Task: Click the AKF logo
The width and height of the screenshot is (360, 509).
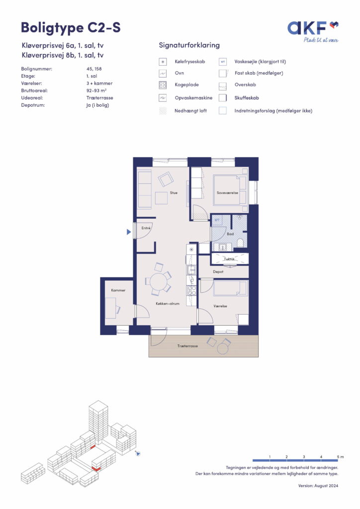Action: (x=313, y=31)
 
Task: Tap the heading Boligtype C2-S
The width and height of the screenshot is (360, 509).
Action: (x=71, y=27)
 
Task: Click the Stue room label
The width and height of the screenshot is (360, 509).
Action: (x=174, y=193)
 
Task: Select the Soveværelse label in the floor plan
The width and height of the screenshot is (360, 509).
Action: (x=227, y=193)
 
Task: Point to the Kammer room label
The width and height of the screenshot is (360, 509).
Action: (x=118, y=290)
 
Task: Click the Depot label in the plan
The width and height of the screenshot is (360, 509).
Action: (x=218, y=272)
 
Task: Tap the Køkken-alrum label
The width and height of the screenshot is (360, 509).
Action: (x=168, y=304)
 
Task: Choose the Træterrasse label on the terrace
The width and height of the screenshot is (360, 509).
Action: (x=187, y=346)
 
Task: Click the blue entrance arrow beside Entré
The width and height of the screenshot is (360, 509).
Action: (x=129, y=232)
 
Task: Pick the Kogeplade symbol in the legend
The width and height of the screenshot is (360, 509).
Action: (x=163, y=85)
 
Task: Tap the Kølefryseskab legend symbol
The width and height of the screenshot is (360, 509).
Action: (x=163, y=62)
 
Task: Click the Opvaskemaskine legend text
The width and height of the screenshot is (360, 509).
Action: (x=193, y=98)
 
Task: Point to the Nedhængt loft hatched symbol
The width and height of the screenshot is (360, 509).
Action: (x=163, y=111)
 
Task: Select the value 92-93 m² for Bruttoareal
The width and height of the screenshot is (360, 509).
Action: (x=96, y=90)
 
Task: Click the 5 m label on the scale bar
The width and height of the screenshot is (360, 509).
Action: (x=340, y=457)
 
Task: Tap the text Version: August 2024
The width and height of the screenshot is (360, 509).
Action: (x=318, y=486)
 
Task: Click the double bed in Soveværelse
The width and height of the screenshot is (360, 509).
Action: (x=230, y=190)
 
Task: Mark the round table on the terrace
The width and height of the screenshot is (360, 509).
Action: (x=223, y=348)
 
